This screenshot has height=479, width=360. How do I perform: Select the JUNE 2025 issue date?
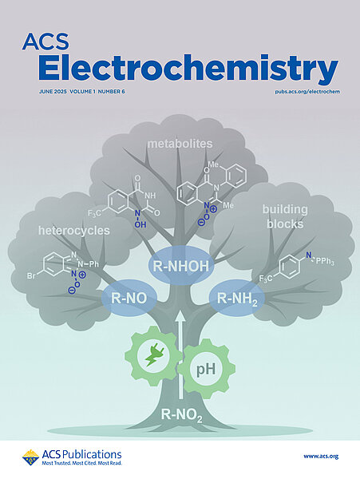point(53,91)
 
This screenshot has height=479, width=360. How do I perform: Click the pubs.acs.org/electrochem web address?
point(307,92)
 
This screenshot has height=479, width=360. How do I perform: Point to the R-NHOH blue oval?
point(180,266)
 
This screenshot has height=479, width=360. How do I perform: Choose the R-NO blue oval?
point(129,298)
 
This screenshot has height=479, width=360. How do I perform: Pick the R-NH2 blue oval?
point(236,298)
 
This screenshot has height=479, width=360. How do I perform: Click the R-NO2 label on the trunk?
point(182,416)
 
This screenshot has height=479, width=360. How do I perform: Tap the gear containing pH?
point(207,369)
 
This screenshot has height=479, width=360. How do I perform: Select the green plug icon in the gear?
point(152,355)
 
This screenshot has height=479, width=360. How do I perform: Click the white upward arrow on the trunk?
point(180,355)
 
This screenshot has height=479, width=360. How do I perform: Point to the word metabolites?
point(180,144)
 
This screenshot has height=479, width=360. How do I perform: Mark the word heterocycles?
point(74,231)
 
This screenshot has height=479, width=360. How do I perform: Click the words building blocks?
point(285,216)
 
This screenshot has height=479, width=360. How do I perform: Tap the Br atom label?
point(31,276)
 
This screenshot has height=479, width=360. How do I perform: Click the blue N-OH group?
point(139,219)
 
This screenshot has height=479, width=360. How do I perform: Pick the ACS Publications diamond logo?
point(30,457)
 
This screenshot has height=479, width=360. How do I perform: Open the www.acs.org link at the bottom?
point(321,457)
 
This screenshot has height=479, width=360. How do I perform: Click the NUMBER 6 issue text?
point(112,91)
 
